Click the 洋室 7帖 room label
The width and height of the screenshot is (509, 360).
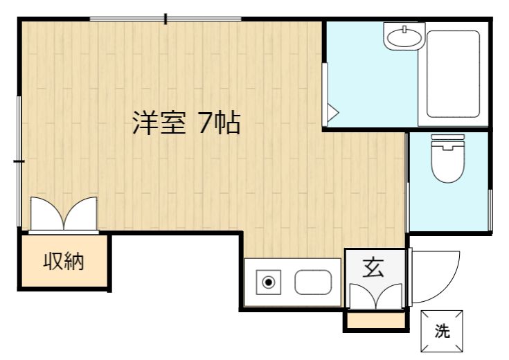pyautogui.click(x=186, y=123)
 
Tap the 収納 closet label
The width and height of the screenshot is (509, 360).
pyautogui.click(x=64, y=261)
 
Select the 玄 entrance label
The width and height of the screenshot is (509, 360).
pyautogui.click(x=373, y=267)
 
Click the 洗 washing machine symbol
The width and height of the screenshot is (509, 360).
pyautogui.click(x=442, y=331)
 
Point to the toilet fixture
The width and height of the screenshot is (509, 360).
pyautogui.click(x=447, y=159)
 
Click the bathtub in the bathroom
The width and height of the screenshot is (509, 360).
pyautogui.click(x=453, y=74)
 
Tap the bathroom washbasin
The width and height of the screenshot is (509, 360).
pyautogui.click(x=404, y=37)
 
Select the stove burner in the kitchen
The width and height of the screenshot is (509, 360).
pyautogui.click(x=269, y=282)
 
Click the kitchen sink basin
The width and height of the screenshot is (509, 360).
pyautogui.click(x=313, y=282)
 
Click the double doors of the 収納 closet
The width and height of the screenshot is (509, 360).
pyautogui.click(x=64, y=214)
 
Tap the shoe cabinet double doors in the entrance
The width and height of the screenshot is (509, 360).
pyautogui.click(x=376, y=296)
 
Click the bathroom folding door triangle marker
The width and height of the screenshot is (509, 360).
pyautogui.click(x=332, y=113)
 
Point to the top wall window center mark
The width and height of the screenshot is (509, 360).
pyautogui.click(x=166, y=19)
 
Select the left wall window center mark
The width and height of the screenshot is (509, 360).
pyautogui.click(x=19, y=161)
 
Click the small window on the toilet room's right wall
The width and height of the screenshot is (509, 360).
pyautogui.click(x=490, y=210)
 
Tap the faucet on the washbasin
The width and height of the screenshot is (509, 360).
pyautogui.click(x=404, y=29)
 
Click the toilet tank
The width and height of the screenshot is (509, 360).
pyautogui.click(x=447, y=138)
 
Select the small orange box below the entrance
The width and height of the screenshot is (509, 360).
pyautogui.click(x=376, y=320)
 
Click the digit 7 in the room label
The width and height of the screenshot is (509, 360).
pyautogui.click(x=206, y=123)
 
